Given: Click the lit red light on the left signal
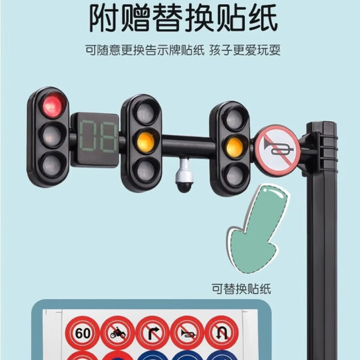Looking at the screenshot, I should click(51, 107).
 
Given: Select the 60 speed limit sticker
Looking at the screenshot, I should click(83, 334).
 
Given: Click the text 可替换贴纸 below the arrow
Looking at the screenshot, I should click(244, 287).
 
